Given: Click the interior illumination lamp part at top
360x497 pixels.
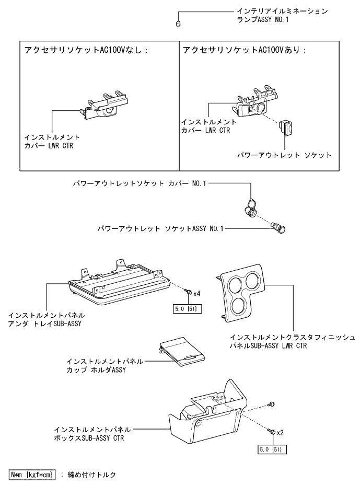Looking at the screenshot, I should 178,24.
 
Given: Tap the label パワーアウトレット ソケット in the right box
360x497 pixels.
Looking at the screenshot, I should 284,155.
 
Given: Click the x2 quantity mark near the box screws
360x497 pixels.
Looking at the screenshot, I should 280,433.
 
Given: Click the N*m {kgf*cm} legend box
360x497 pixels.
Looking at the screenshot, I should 33,475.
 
